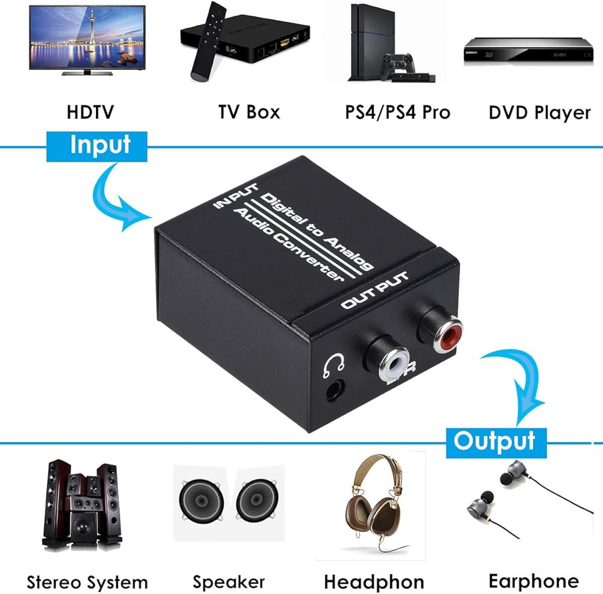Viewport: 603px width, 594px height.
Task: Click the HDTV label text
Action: [90, 112]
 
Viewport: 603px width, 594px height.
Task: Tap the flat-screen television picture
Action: [87, 39]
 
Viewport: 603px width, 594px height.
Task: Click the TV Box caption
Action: [249, 112]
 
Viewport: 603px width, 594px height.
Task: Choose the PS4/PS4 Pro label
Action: [397, 112]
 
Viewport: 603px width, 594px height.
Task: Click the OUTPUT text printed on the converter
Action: [374, 292]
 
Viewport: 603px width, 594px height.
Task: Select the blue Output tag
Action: [494, 441]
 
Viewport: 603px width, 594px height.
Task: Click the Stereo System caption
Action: [87, 582]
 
